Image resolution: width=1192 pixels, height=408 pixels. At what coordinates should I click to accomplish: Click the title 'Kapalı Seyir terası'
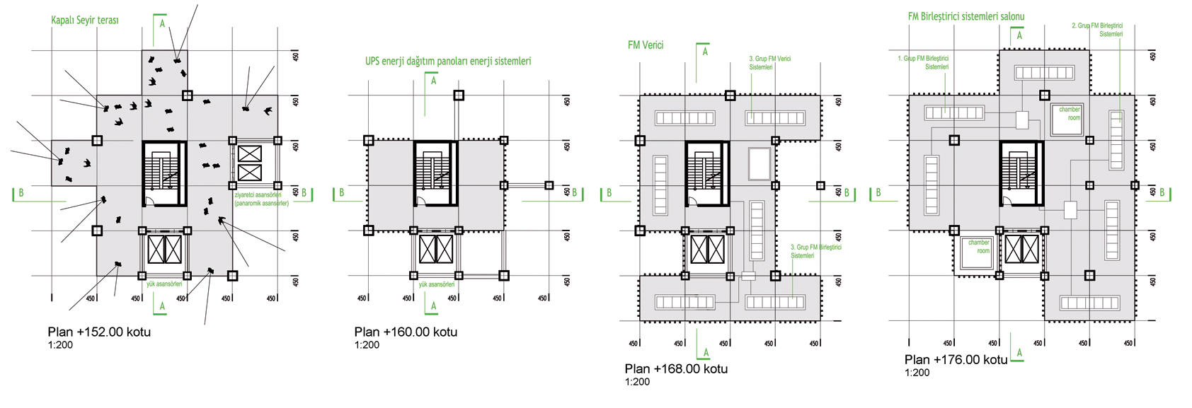pyautogui.click(x=85, y=21)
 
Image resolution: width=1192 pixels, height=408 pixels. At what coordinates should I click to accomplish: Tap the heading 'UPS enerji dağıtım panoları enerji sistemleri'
pyautogui.click(x=448, y=62)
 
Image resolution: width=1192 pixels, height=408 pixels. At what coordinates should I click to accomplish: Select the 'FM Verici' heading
pyautogui.click(x=646, y=45)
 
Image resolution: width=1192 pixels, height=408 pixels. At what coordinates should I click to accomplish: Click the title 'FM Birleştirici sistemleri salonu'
pyautogui.click(x=966, y=16)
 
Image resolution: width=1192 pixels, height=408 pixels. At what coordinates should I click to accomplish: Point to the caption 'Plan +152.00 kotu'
pyautogui.click(x=99, y=332)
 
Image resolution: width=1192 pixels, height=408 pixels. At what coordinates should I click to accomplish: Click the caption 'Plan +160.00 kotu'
pyautogui.click(x=406, y=332)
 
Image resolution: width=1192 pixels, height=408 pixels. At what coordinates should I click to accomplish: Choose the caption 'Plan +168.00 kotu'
pyautogui.click(x=676, y=368)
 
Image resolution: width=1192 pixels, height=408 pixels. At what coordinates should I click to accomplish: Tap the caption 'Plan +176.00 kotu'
pyautogui.click(x=956, y=360)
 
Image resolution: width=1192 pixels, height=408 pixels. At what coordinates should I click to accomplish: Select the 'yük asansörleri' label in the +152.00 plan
pyautogui.click(x=164, y=284)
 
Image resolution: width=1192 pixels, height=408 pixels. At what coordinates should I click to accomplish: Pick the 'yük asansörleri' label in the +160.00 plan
pyautogui.click(x=436, y=284)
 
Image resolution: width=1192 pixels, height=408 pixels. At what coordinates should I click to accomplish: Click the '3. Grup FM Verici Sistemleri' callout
pyautogui.click(x=769, y=63)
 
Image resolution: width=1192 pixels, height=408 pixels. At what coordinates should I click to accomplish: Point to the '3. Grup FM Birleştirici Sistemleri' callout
pyautogui.click(x=815, y=251)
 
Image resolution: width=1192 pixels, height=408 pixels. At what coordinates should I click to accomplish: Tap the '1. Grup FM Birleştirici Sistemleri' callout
pyautogui.click(x=923, y=62)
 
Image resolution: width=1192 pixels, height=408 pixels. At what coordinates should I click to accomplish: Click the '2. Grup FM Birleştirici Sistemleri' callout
pyautogui.click(x=1097, y=30)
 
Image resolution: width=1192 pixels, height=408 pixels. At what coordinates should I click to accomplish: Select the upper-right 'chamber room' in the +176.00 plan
pyautogui.click(x=1069, y=114)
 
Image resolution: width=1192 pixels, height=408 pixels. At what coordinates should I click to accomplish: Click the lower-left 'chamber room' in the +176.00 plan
pyautogui.click(x=978, y=247)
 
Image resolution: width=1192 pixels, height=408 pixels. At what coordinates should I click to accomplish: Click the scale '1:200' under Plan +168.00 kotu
pyautogui.click(x=637, y=382)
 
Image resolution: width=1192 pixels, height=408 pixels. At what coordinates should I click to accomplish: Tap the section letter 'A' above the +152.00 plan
pyautogui.click(x=162, y=24)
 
